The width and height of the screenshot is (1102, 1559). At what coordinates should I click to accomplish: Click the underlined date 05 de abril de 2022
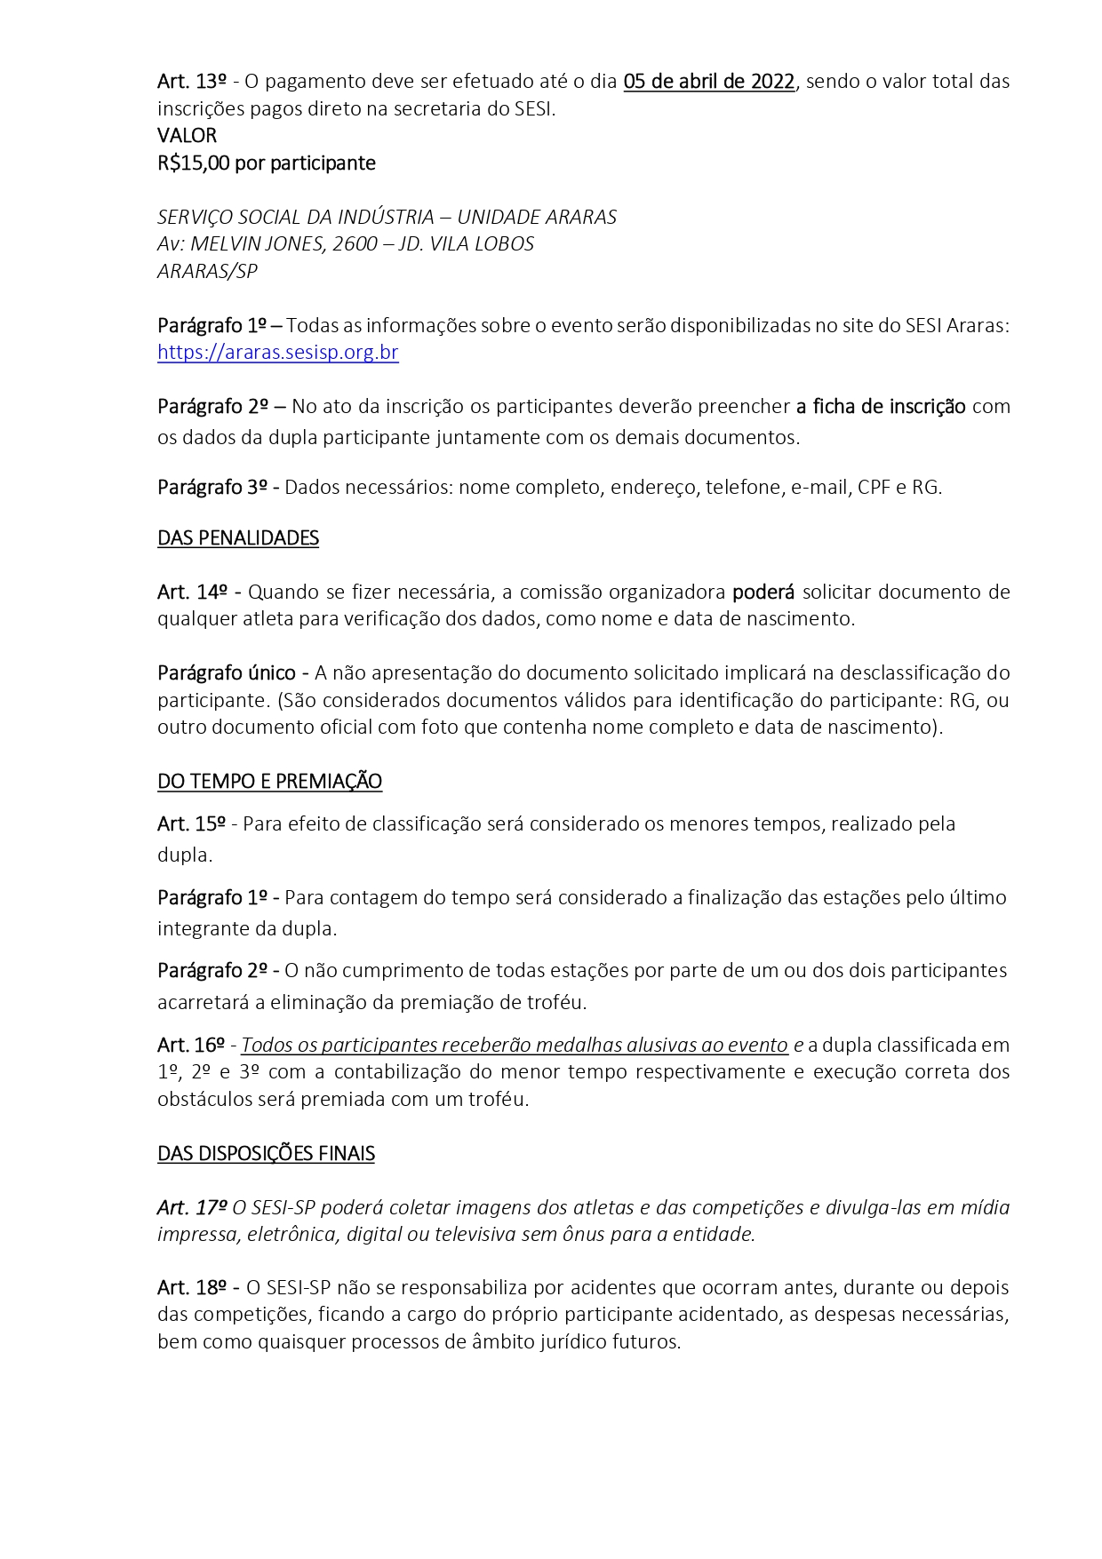[708, 82]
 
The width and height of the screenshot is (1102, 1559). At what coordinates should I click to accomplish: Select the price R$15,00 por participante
[266, 163]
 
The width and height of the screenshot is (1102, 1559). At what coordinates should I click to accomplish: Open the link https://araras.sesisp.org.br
[277, 353]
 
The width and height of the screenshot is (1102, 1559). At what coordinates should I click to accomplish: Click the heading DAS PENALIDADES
[238, 538]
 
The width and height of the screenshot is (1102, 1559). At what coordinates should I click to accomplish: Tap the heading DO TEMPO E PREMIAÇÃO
[269, 782]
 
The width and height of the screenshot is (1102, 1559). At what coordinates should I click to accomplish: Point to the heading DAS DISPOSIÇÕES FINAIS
[266, 1154]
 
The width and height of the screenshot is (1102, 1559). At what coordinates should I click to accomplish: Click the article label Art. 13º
[191, 82]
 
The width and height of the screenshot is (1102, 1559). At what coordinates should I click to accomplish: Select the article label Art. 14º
[192, 593]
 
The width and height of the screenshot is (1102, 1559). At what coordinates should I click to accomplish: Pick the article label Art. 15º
[191, 824]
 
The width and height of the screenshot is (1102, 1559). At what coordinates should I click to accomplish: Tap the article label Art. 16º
[191, 1046]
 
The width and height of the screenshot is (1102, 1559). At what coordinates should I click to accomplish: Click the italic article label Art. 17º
[192, 1208]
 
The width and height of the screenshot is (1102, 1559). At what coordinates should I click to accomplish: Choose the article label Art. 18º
[192, 1288]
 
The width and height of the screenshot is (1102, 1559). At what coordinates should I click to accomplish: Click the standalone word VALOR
[187, 136]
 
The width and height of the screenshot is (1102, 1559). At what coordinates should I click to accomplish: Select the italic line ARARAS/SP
[207, 272]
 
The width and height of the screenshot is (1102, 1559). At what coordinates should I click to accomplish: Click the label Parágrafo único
[228, 673]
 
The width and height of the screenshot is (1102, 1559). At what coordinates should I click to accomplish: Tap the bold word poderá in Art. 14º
[763, 593]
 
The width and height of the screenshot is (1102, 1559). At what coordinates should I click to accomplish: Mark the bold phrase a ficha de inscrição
[880, 407]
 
